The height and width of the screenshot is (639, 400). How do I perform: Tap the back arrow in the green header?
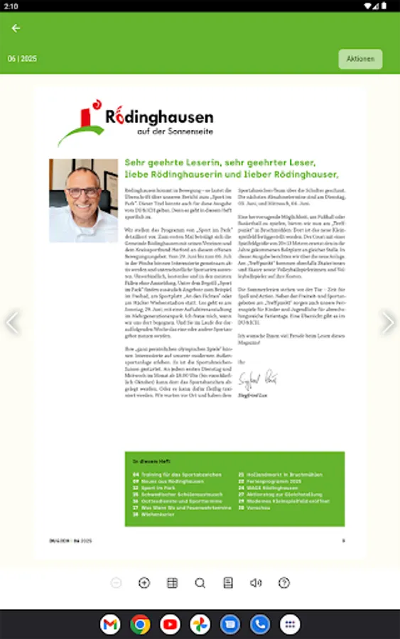(x=16, y=28)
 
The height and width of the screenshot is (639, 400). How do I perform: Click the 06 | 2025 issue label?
(x=22, y=59)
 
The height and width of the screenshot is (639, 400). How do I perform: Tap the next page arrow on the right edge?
(x=387, y=322)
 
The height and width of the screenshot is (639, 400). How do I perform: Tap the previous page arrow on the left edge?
(x=12, y=322)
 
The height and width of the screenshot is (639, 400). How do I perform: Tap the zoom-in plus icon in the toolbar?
(x=144, y=583)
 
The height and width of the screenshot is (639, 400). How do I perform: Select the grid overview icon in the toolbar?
(x=172, y=583)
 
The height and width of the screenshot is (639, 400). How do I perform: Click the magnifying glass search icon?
(x=200, y=583)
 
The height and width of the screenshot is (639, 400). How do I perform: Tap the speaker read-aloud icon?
(x=256, y=583)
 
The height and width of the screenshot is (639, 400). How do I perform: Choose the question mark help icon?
(x=284, y=583)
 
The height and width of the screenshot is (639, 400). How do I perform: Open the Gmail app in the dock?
(x=110, y=625)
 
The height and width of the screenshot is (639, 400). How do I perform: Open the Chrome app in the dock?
(x=140, y=625)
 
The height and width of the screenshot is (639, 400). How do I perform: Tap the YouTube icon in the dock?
(x=170, y=625)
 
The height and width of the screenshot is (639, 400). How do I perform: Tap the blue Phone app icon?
(x=260, y=625)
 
